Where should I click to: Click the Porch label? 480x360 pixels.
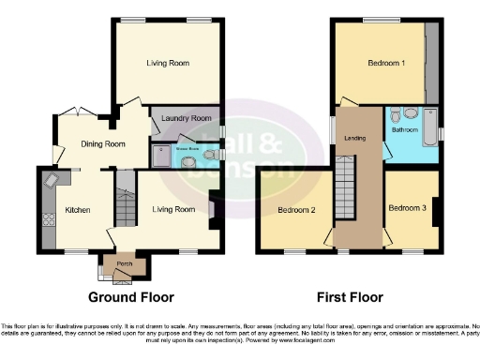tap(123, 263)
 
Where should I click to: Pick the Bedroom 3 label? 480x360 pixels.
tap(407, 207)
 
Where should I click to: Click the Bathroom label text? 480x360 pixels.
tap(405, 130)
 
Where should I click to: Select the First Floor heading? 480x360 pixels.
tap(351, 297)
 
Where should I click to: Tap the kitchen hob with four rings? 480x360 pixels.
tap(49, 221)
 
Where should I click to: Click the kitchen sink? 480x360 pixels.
tap(52, 181)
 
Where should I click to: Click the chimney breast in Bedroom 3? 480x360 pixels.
tap(436, 212)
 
